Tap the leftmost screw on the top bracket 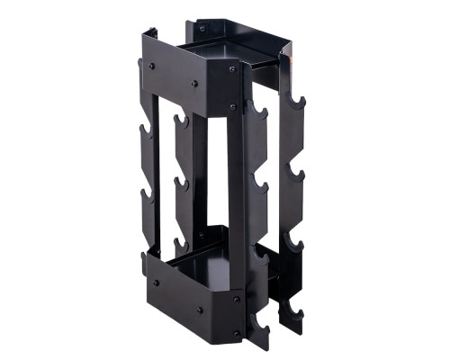click(152, 67)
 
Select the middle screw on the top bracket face click(194, 84)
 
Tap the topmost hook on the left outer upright click(141, 67)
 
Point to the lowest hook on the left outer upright click(144, 261)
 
